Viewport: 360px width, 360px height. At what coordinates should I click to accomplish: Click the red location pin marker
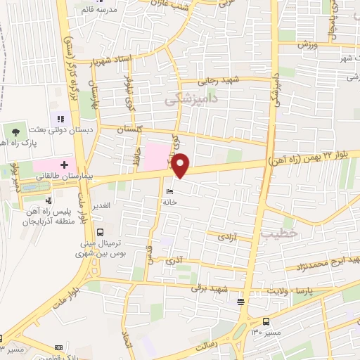click(x=181, y=165)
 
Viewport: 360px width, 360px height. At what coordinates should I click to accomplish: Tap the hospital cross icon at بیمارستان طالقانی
click(x=64, y=165)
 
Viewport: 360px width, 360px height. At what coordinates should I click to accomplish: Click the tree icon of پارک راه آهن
click(x=15, y=131)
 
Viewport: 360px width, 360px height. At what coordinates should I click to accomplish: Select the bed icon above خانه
click(x=169, y=191)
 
